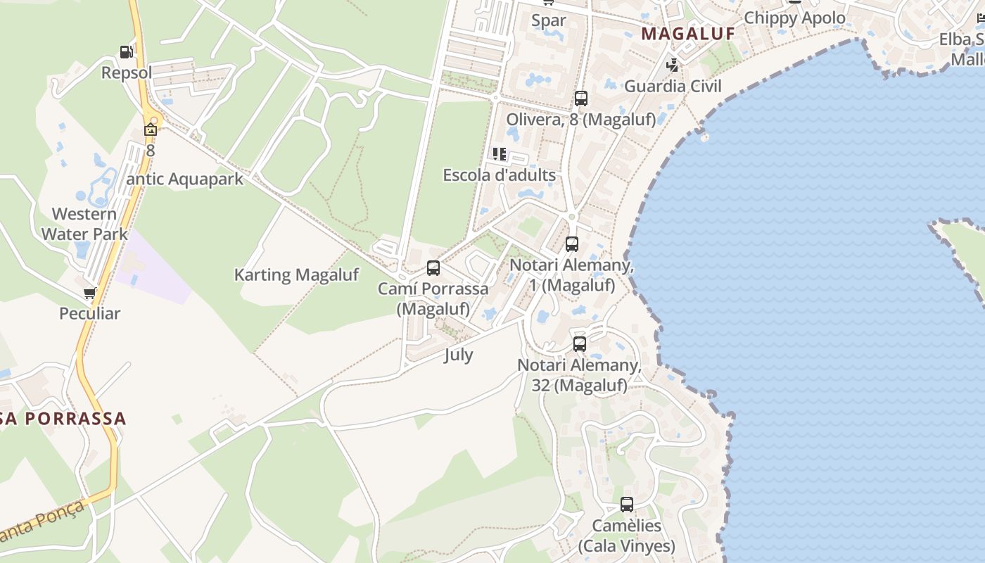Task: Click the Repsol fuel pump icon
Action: pyautogui.click(x=126, y=52)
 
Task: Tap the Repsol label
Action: pyautogui.click(x=127, y=72)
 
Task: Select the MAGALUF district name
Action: pyautogui.click(x=688, y=34)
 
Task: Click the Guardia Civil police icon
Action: pyautogui.click(x=673, y=65)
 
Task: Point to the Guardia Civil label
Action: pyautogui.click(x=673, y=86)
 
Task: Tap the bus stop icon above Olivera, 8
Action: pyautogui.click(x=580, y=99)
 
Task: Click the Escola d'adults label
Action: pyautogui.click(x=499, y=175)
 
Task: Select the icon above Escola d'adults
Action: pyautogui.click(x=500, y=153)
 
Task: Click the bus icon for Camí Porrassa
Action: pyautogui.click(x=433, y=268)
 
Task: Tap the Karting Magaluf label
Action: pyautogui.click(x=296, y=274)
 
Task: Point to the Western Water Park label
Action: pyautogui.click(x=84, y=224)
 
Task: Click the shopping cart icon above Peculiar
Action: pyautogui.click(x=89, y=293)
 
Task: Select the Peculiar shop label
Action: pyautogui.click(x=89, y=313)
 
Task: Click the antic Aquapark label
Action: pyautogui.click(x=184, y=179)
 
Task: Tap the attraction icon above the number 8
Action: pyautogui.click(x=151, y=129)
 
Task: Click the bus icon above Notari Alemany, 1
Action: pyautogui.click(x=572, y=244)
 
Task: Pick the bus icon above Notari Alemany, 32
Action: pyautogui.click(x=580, y=344)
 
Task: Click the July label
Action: pyautogui.click(x=458, y=355)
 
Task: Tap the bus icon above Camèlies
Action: pyautogui.click(x=626, y=505)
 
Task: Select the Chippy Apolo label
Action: pyautogui.click(x=794, y=18)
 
